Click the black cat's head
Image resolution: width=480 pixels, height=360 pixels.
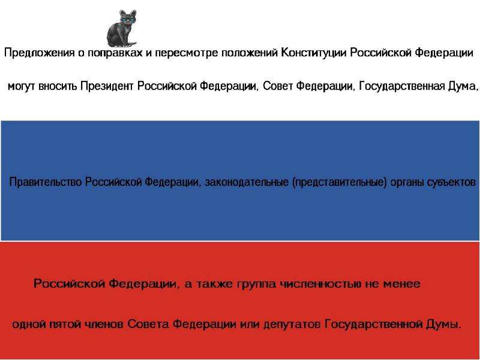[x=128, y=18]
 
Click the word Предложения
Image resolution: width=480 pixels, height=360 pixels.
[x=40, y=53]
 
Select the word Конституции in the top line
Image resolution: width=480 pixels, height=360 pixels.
[x=314, y=53]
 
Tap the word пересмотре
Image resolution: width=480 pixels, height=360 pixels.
[x=187, y=53]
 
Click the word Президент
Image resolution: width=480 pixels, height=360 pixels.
[x=107, y=86]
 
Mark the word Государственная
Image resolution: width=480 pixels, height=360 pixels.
[x=401, y=86]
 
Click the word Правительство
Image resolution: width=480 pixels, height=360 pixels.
[x=46, y=182]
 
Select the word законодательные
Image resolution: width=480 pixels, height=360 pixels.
[x=247, y=182]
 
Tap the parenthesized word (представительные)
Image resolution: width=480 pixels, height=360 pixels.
[x=340, y=182]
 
